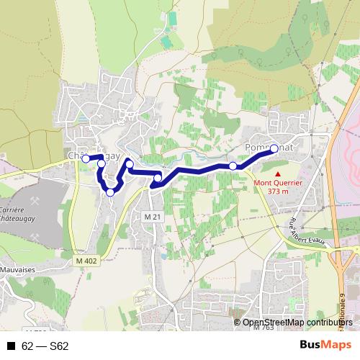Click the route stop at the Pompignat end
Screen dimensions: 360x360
click(274, 149)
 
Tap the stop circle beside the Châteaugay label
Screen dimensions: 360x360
click(85, 158)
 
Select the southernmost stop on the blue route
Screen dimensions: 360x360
click(110, 192)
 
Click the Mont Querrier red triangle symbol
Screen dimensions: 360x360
click(277, 174)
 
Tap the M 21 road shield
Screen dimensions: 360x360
click(151, 217)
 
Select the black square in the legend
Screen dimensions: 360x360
click(11, 346)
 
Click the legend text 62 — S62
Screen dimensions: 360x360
click(45, 346)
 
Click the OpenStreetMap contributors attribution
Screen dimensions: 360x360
click(297, 322)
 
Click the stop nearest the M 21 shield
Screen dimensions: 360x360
click(158, 178)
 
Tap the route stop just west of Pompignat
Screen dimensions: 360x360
click(233, 166)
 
